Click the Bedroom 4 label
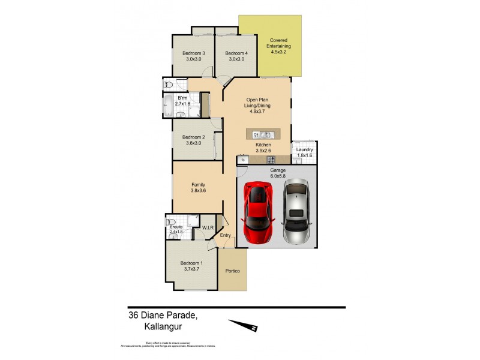236,56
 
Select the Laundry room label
305,152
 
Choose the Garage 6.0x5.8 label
277,173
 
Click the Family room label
199,187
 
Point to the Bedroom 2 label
194,140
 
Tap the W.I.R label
208,228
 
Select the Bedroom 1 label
193,266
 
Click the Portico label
233,271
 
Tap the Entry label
225,235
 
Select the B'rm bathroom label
182,100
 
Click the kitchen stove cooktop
271,160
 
